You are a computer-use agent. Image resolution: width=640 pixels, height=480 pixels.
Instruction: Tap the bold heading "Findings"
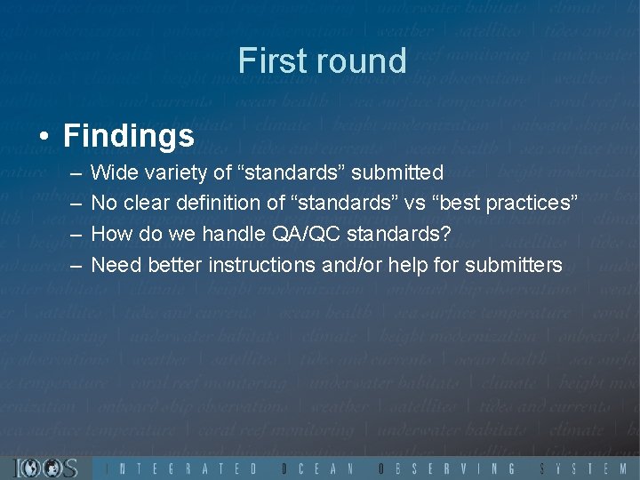129,136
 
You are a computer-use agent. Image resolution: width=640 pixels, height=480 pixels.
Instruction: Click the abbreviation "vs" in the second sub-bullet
414,203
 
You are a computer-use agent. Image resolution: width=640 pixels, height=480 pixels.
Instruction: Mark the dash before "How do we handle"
70,234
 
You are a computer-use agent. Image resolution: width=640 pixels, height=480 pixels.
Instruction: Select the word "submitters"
512,265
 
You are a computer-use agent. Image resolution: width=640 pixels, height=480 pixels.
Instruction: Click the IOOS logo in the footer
46,468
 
